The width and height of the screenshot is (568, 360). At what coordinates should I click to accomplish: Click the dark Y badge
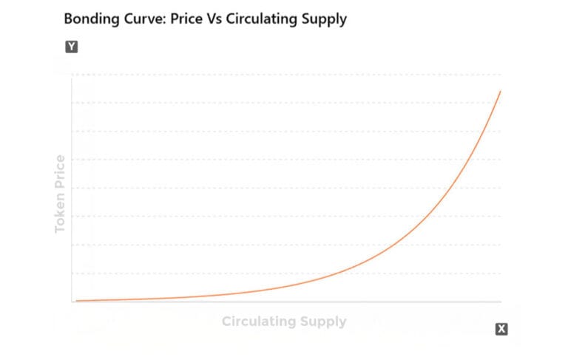pos(72,47)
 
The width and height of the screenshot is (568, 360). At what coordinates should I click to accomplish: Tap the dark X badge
pos(501,329)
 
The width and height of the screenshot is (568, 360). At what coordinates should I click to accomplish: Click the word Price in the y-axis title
pos(61,171)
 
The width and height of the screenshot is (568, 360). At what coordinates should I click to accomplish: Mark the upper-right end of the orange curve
pos(501,91)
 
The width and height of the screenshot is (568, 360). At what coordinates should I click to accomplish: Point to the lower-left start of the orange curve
pos(75,301)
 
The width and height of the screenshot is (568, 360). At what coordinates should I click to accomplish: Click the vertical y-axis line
pos(72,185)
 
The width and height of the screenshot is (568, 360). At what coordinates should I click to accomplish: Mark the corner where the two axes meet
pos(72,302)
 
